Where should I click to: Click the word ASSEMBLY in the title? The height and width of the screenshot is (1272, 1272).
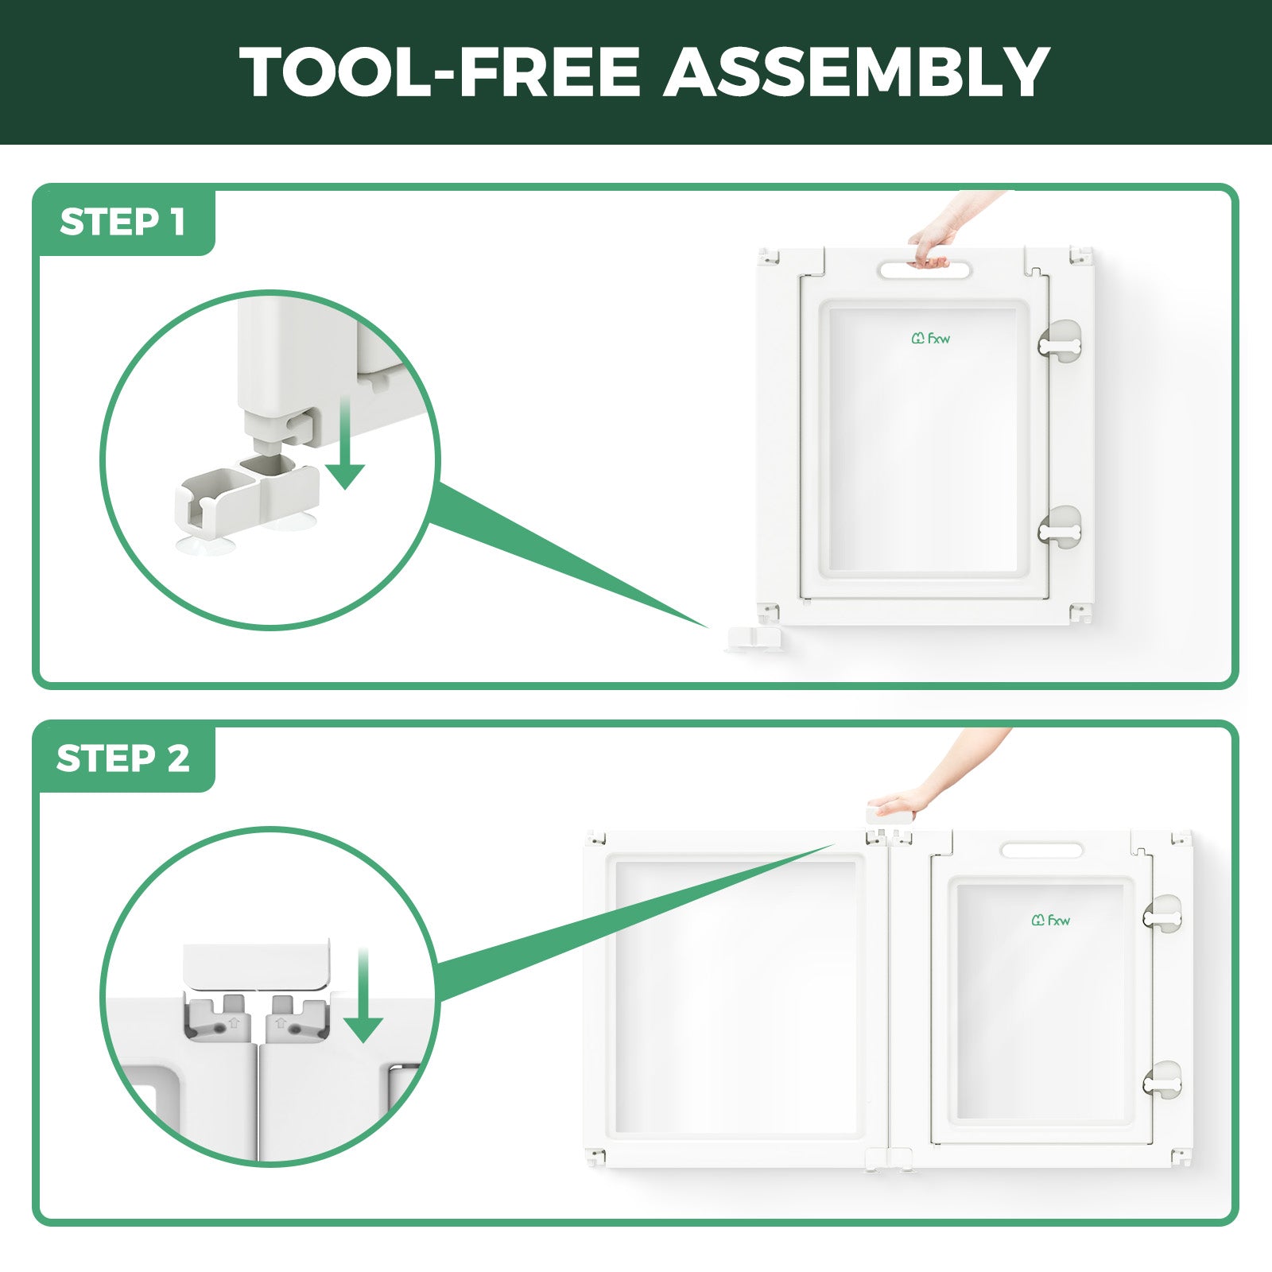coord(856,72)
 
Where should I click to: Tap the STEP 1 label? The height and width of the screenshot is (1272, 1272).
coord(122,222)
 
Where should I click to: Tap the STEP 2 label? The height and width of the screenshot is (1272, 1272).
coord(123,758)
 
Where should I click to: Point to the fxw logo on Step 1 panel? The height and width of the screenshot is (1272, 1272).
coord(930,339)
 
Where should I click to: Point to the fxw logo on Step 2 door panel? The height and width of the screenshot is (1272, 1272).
coord(1051,920)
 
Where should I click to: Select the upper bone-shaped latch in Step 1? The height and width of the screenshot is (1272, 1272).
coord(1060,346)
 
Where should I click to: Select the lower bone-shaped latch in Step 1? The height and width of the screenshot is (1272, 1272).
coord(1060,529)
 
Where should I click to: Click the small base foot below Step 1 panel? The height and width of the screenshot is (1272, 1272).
coord(754,639)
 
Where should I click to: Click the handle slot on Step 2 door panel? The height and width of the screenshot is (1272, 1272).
coord(1041,850)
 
